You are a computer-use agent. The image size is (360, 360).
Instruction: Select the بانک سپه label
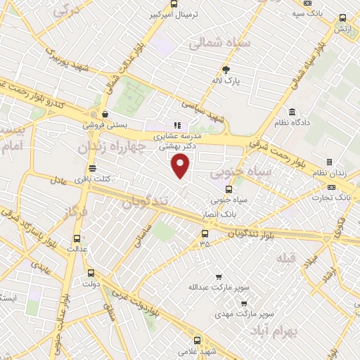tap(307, 13)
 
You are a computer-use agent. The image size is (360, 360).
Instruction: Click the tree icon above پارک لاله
tap(226, 70)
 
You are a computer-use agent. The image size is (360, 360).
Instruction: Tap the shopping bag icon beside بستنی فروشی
tap(105, 114)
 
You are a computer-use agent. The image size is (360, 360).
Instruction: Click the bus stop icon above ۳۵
tap(205, 233)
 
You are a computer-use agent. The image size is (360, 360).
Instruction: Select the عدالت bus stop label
tap(75, 249)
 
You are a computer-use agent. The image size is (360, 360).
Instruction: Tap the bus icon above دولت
tap(90, 274)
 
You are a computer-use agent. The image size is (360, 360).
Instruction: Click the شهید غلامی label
tap(196, 350)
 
